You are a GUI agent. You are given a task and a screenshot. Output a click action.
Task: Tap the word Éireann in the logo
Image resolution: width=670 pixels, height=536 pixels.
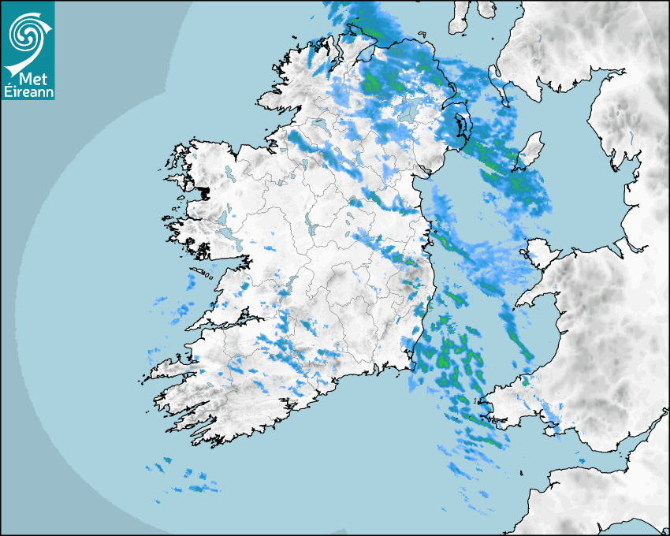pyautogui.click(x=28, y=92)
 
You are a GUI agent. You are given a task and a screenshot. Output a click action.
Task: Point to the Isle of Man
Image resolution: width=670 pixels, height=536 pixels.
pyautogui.click(x=529, y=151)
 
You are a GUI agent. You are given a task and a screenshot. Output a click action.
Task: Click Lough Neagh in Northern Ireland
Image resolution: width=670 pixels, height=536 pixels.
pyautogui.click(x=409, y=111)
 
